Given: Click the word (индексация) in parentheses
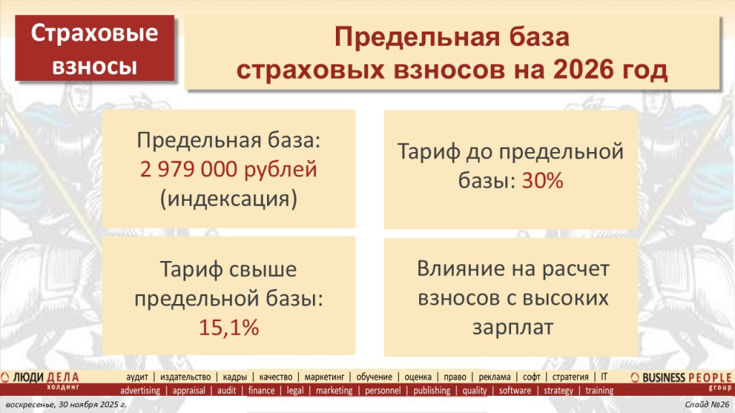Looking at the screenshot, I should coord(228,197).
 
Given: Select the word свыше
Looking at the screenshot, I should coord(262,270).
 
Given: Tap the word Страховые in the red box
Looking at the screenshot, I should coord(95,35).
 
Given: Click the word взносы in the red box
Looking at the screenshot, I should coord(95,66).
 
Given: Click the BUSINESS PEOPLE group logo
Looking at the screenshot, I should coord(682,379).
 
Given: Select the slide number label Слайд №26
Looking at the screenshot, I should coord(707,406).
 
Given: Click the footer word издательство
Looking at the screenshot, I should coord(186,376).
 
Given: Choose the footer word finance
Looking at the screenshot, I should coord(261,391).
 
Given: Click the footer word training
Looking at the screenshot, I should coord(599,391).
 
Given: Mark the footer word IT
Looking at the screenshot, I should coord(604,376).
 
